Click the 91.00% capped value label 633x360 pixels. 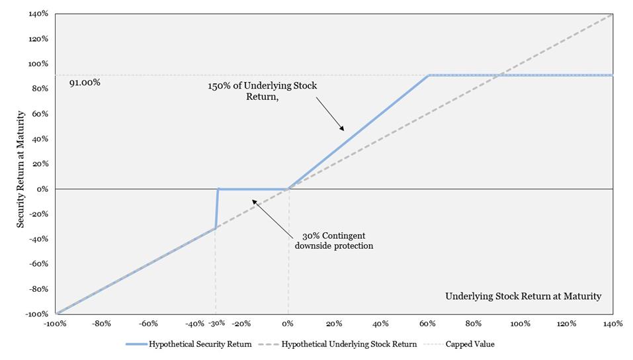[85, 83]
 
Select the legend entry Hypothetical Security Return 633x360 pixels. [189, 344]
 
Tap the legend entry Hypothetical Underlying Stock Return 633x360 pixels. [337, 344]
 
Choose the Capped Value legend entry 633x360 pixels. [460, 344]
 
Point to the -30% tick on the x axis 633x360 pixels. [216, 324]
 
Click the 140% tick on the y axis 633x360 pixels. [38, 14]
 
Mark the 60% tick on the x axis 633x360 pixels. [427, 324]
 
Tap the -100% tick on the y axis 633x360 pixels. [38, 314]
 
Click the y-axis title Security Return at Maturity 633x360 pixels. [21, 169]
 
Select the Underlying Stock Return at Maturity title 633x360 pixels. [523, 296]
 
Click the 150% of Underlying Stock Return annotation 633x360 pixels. [263, 91]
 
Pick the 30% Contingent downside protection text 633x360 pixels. [334, 241]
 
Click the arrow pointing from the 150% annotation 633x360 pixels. [330, 114]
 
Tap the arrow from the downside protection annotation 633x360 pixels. [272, 218]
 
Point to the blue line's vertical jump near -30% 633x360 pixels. [217, 208]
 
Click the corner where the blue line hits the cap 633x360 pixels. [429, 75]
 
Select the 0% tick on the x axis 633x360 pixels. [288, 324]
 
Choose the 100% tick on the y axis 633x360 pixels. [38, 64]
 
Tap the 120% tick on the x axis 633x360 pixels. [566, 324]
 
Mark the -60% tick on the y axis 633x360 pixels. [38, 264]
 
